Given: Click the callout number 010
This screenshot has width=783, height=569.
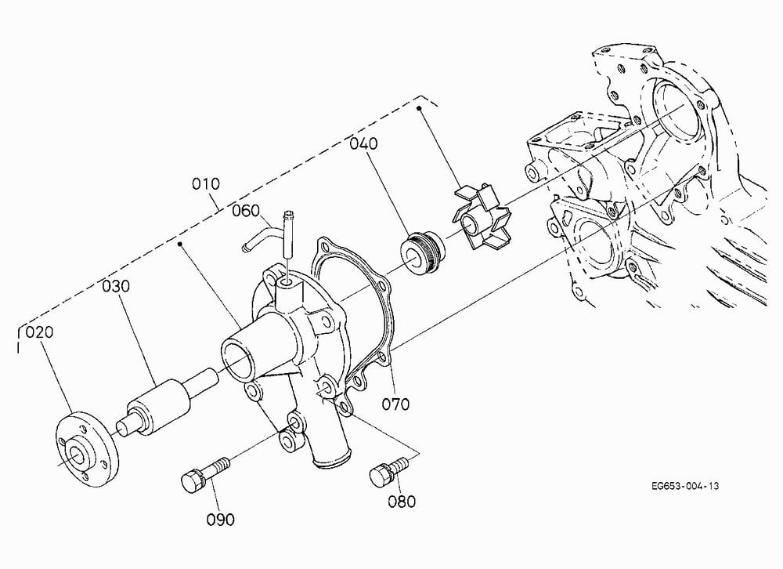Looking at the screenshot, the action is point(206,184).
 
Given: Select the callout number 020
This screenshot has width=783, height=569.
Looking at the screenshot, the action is point(39,332).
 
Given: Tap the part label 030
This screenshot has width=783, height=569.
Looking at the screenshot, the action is point(116,286).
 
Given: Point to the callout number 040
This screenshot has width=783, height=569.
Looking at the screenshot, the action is point(363,143).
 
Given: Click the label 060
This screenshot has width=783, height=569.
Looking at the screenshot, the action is point(246,211).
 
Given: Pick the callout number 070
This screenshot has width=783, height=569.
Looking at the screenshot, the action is point(395,404).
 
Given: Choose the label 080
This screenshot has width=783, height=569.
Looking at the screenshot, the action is point(402,501).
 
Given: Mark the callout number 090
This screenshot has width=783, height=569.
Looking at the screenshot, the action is point(221,520).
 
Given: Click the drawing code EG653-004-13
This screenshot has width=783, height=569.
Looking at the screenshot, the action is point(685,485).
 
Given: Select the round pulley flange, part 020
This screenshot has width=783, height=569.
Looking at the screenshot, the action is point(86,449).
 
